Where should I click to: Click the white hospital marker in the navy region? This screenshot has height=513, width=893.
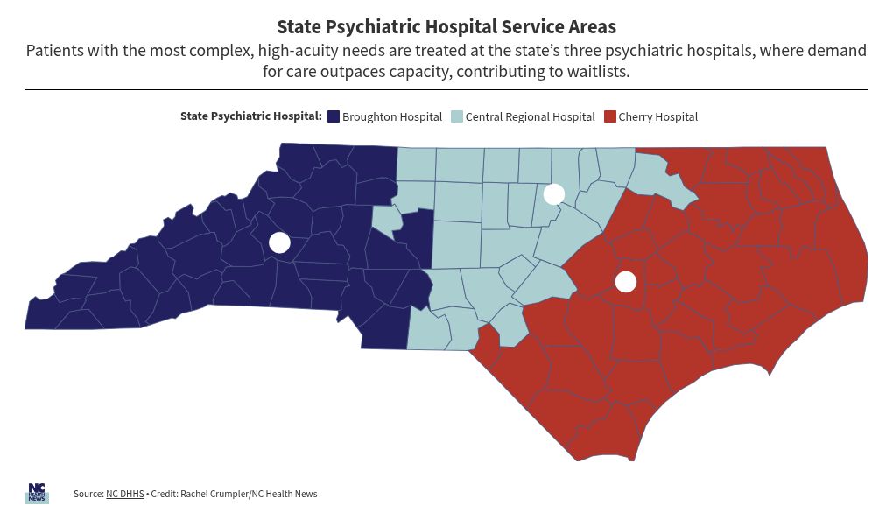[x=279, y=242]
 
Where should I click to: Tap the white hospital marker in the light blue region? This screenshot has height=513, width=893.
[x=553, y=193]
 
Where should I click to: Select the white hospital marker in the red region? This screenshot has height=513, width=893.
[x=625, y=282]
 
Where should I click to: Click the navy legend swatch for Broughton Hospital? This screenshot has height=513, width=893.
[x=334, y=116]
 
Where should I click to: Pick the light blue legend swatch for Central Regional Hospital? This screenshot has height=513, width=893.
[x=457, y=116]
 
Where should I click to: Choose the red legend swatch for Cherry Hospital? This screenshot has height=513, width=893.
[x=610, y=116]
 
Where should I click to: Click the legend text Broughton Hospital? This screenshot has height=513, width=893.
[x=392, y=116]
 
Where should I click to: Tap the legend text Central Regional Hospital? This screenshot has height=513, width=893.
[x=530, y=116]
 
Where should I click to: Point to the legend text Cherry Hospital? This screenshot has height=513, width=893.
[x=658, y=116]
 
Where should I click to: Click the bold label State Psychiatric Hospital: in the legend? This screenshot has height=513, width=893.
[x=251, y=116]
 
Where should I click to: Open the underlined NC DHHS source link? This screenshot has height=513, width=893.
[x=125, y=494]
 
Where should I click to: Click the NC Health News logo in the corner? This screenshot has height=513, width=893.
[x=36, y=493]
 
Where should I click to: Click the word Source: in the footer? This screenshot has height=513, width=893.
[x=88, y=494]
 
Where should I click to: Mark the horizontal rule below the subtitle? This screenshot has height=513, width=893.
[x=446, y=89]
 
